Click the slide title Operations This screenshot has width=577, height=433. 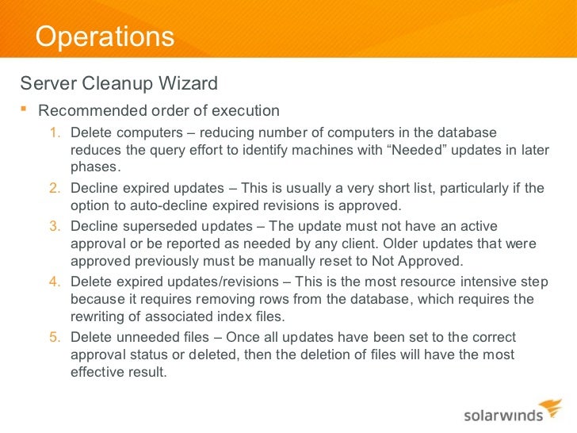105,36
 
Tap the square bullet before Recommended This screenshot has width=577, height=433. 24,109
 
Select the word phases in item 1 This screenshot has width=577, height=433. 94,167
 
